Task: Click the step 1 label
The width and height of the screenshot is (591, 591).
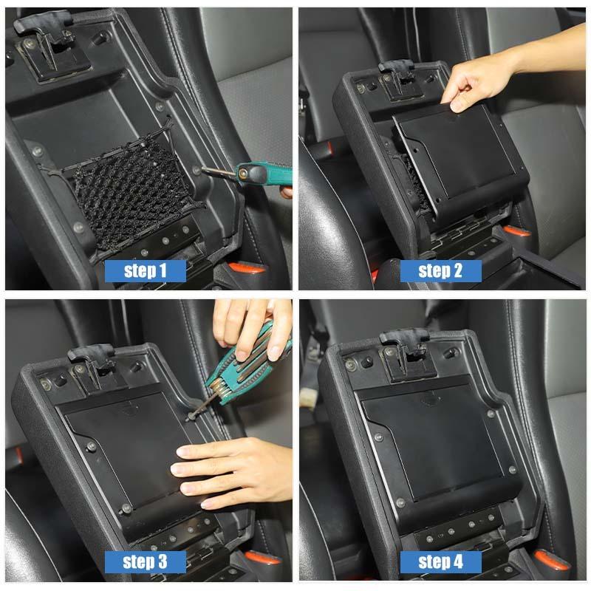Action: [x=145, y=270]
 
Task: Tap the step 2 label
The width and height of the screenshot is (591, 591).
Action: [x=440, y=270]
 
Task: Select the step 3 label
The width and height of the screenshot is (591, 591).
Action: [x=145, y=561]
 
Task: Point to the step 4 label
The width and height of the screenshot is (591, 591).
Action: [x=440, y=561]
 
